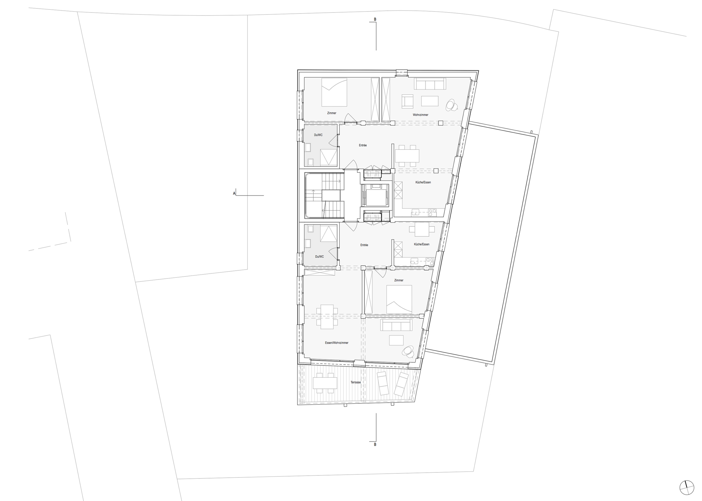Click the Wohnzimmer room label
[420, 115]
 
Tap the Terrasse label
[356, 382]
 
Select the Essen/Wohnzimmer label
[337, 343]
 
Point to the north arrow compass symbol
[687, 488]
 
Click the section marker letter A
[234, 194]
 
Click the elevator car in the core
[375, 197]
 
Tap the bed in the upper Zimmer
[334, 92]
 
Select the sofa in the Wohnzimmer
[430, 84]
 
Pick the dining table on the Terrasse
[325, 383]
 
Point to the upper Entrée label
[363, 145]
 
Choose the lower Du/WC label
[319, 256]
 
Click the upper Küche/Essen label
[423, 182]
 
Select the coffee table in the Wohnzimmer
[430, 101]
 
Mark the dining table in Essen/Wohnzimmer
[327, 317]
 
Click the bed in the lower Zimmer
[399, 299]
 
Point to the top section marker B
[375, 19]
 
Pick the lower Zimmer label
[399, 280]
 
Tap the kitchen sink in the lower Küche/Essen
[414, 261]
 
